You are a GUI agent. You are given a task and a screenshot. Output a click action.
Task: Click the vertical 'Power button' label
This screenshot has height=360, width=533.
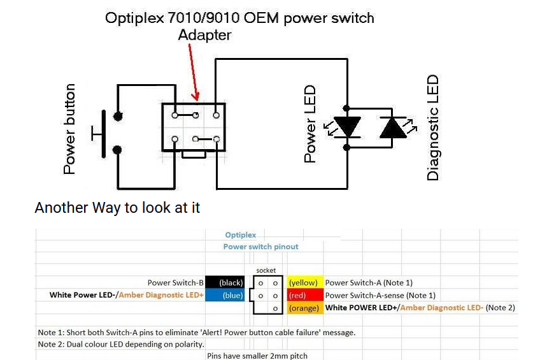click(x=69, y=129)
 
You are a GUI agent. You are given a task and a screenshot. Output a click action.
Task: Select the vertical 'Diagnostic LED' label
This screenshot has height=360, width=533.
click(x=433, y=127)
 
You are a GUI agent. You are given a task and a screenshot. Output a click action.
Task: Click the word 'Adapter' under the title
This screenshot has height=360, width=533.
click(x=204, y=35)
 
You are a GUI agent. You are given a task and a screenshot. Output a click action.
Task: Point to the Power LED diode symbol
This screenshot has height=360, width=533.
click(x=347, y=127)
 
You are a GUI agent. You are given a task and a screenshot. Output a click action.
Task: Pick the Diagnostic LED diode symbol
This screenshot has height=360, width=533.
click(x=393, y=127)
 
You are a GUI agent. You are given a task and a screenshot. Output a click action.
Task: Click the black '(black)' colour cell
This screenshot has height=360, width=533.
click(x=225, y=282)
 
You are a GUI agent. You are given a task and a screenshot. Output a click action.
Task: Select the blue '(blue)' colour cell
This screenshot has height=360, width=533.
click(x=225, y=296)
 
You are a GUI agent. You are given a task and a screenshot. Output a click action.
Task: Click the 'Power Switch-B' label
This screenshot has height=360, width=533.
click(x=175, y=282)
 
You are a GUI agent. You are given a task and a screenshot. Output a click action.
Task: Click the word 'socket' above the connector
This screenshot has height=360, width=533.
click(x=266, y=271)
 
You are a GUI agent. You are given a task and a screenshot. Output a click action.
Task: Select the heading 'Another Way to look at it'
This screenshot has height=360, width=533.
click(x=117, y=208)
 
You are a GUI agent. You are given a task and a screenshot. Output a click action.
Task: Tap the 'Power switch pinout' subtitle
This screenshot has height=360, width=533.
click(x=260, y=247)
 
